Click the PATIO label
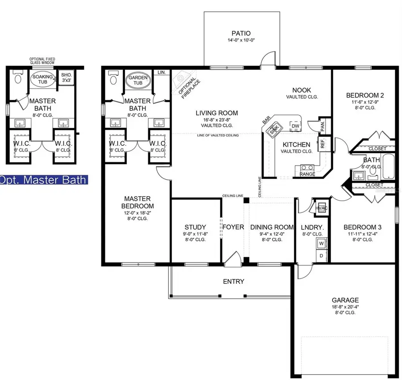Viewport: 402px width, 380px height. [x=241, y=33]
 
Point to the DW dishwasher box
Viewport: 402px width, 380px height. [x=295, y=127]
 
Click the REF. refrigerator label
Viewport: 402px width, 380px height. [x=322, y=144]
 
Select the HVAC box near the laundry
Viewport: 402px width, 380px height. [x=322, y=208]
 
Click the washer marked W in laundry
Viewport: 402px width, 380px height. [x=321, y=244]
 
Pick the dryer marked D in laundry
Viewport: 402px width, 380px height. [x=321, y=256]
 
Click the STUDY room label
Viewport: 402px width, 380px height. [x=195, y=227]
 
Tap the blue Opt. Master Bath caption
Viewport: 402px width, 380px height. [x=44, y=180]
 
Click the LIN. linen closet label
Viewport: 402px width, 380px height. [x=162, y=72]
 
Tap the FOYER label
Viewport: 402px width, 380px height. [x=233, y=227]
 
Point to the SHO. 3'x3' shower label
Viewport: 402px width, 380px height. [x=66, y=77]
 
